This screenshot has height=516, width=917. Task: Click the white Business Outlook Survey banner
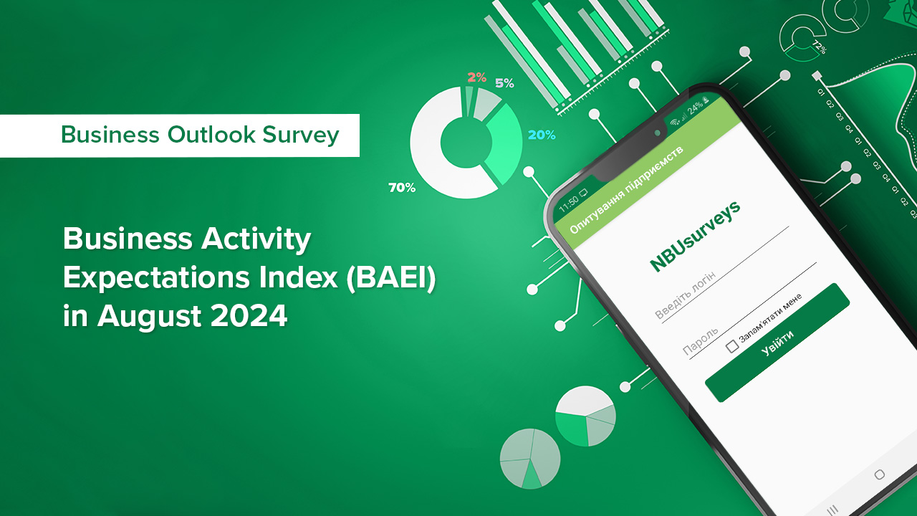(179, 135)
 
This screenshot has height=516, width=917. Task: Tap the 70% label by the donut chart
(402, 188)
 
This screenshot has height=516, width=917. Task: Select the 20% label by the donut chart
(542, 135)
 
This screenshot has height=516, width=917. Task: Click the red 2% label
(477, 77)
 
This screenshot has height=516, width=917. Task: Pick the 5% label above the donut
(504, 83)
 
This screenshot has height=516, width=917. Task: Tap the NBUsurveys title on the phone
(695, 235)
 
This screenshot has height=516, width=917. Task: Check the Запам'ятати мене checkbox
(732, 347)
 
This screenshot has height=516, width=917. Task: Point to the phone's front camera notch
(657, 133)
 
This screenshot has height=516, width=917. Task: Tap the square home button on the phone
(880, 474)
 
